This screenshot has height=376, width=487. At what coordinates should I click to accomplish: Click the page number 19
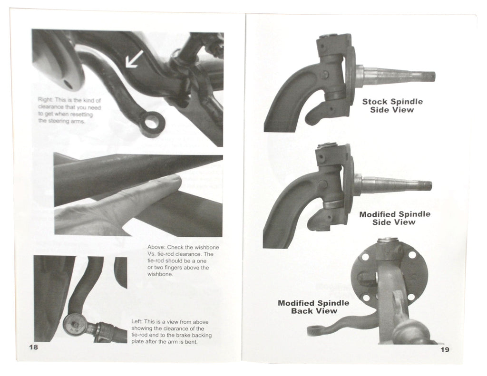(x=445, y=349)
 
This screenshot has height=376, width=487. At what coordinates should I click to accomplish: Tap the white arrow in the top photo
(x=133, y=60)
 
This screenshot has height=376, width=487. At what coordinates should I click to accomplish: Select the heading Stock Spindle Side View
(x=392, y=106)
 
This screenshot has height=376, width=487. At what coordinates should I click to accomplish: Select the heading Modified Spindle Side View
(x=394, y=218)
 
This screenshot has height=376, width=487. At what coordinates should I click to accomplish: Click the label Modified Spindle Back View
(x=313, y=307)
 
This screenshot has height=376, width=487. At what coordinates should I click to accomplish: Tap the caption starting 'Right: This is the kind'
(x=69, y=111)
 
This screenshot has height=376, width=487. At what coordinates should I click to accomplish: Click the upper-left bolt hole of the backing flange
(x=365, y=257)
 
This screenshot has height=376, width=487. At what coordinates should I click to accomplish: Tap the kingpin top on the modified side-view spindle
(x=329, y=146)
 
